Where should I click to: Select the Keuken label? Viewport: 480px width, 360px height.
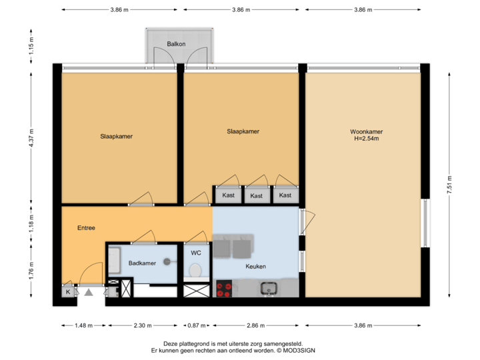click(255, 267)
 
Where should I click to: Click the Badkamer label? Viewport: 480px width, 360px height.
click(142, 263)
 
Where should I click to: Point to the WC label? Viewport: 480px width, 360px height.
click(196, 253)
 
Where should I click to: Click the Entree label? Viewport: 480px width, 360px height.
click(86, 228)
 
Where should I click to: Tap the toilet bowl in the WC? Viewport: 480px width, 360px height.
click(195, 271)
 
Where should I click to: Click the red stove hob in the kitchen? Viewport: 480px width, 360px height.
click(224, 289)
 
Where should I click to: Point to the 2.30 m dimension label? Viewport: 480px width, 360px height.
click(142, 326)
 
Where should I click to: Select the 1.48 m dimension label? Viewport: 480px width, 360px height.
click(83, 326)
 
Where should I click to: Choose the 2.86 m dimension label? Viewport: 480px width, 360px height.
click(255, 326)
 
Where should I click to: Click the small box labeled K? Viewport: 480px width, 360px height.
click(68, 291)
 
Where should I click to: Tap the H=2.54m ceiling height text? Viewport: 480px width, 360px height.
click(366, 139)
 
